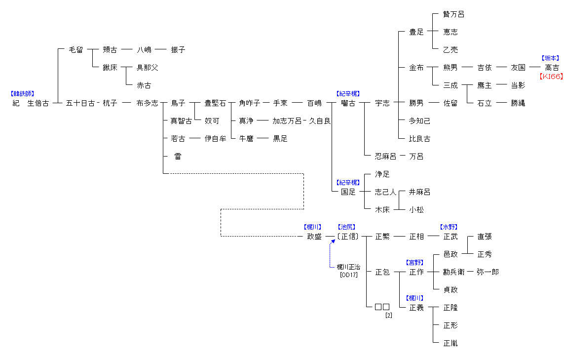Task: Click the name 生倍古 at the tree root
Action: tap(38, 103)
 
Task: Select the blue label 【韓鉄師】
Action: tap(23, 93)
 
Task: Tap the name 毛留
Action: tap(76, 50)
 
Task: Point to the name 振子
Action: tap(178, 50)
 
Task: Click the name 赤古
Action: tap(144, 85)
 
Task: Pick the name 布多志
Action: tap(147, 103)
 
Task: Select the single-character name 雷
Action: tap(178, 157)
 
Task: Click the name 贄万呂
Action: tap(453, 14)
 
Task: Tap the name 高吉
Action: tap(552, 68)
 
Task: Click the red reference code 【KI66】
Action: tap(551, 77)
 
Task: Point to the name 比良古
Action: tap(419, 139)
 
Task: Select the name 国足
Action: tap(348, 192)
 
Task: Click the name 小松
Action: tap(416, 210)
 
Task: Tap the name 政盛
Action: tap(314, 237)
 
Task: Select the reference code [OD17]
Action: tap(348, 275)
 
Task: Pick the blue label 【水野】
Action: tap(449, 227)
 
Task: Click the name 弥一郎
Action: tap(488, 272)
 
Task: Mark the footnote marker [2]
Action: tap(388, 315)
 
